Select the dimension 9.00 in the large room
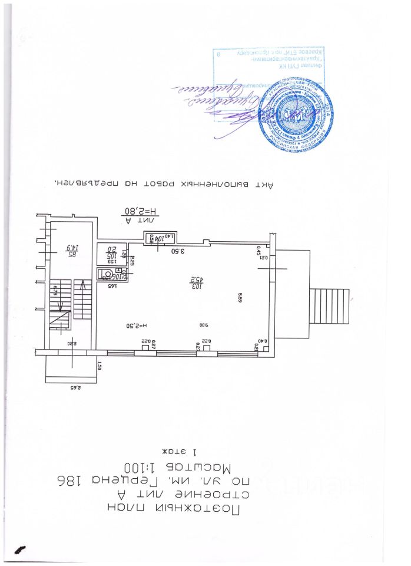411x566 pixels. coord(203,324)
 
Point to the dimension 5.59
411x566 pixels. coord(240,298)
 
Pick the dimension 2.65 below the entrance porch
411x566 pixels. coord(75,388)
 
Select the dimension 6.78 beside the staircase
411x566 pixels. coord(54,289)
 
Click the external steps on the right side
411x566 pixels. coord(330,305)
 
